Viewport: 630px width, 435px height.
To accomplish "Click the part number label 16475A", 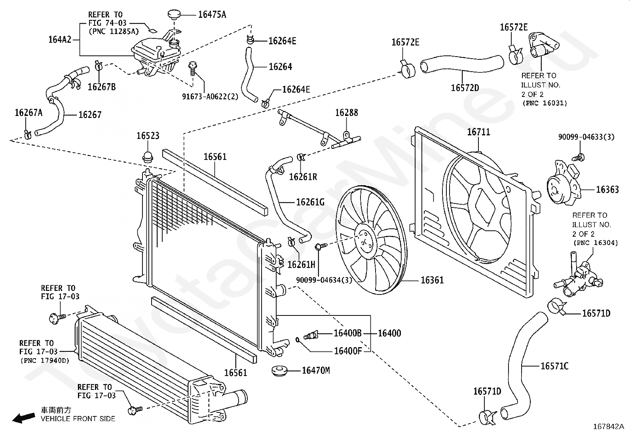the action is pyautogui.click(x=212, y=15).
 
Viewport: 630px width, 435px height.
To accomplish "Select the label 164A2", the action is pyautogui.click(x=60, y=40).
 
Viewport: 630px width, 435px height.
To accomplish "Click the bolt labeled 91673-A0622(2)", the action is pyautogui.click(x=192, y=68).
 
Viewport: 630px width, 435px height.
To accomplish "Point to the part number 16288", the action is pyautogui.click(x=347, y=113).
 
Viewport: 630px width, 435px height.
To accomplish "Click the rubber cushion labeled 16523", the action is pyautogui.click(x=148, y=156).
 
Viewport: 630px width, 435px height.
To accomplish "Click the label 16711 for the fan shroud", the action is pyautogui.click(x=478, y=132).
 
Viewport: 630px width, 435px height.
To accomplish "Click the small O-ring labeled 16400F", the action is pyautogui.click(x=297, y=340).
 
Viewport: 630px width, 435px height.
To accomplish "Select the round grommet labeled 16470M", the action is pyautogui.click(x=279, y=370).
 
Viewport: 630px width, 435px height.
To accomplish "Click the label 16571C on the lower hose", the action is pyautogui.click(x=554, y=366).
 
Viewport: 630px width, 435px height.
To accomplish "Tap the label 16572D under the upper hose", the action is pyautogui.click(x=465, y=88).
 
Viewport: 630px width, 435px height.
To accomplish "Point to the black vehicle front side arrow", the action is pyautogui.click(x=24, y=418).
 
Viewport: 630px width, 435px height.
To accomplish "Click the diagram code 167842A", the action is pyautogui.click(x=609, y=427).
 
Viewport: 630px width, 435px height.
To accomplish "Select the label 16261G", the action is pyautogui.click(x=311, y=202).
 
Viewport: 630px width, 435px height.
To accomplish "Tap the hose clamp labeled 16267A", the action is pyautogui.click(x=28, y=135).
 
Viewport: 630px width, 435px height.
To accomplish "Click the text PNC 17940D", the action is pyautogui.click(x=45, y=361).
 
